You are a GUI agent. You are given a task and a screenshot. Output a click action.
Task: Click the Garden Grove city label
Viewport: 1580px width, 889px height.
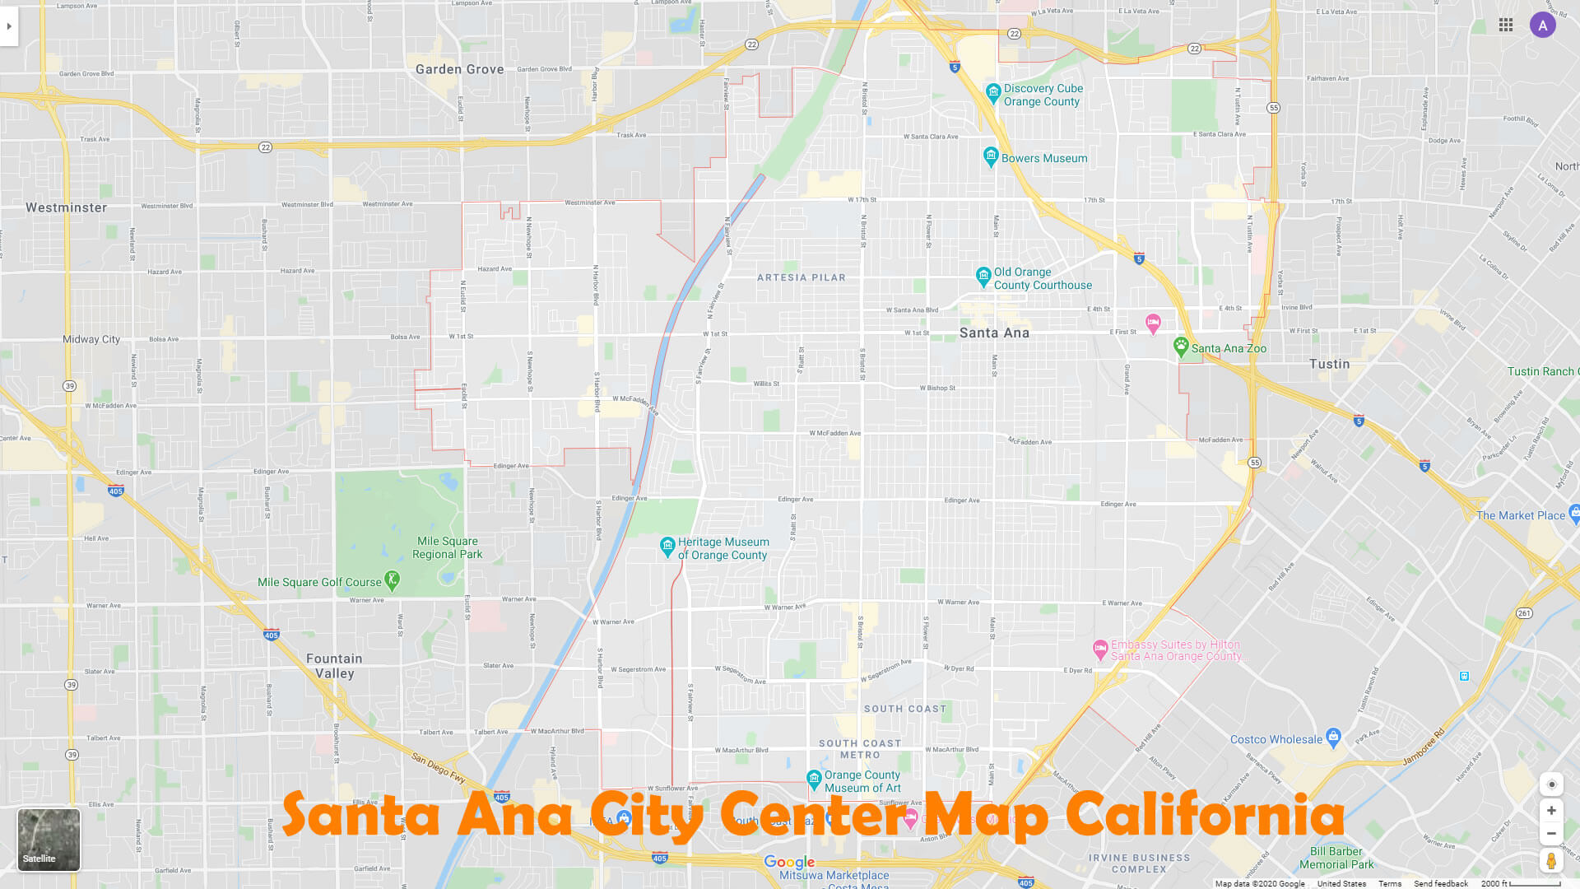click(459, 69)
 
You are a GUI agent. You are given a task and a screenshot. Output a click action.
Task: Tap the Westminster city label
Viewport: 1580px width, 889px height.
click(66, 207)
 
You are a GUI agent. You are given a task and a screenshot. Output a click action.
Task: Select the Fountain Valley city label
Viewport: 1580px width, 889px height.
click(334, 666)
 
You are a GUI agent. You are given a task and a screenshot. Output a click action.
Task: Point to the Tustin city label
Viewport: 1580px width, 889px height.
click(1329, 364)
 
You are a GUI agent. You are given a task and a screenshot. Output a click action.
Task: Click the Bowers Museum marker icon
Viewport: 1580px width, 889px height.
click(991, 156)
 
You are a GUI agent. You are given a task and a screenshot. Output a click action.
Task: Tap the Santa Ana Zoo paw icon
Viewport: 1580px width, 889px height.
click(1181, 347)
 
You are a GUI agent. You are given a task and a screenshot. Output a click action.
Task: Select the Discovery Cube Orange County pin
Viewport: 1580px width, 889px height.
click(993, 92)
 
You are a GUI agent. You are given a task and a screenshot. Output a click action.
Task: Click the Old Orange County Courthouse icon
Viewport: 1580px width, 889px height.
click(983, 276)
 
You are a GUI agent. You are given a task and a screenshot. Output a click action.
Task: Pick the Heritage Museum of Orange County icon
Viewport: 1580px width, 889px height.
click(667, 547)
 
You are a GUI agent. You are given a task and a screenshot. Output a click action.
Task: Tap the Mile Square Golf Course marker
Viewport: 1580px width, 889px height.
click(393, 581)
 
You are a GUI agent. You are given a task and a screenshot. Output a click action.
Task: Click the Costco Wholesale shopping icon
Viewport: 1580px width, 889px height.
click(1334, 737)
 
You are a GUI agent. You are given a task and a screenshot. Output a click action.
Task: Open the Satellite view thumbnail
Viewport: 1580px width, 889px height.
click(49, 839)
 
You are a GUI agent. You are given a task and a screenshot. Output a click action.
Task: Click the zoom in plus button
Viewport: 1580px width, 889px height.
click(1551, 811)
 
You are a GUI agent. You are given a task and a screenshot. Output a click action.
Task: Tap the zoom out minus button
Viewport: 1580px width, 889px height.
click(1551, 833)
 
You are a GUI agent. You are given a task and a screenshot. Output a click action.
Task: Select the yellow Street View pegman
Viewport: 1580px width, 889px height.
click(1551, 861)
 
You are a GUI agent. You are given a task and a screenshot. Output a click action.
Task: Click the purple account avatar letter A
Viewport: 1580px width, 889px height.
click(1543, 26)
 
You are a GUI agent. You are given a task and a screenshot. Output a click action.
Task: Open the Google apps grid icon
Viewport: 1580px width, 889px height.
click(1506, 26)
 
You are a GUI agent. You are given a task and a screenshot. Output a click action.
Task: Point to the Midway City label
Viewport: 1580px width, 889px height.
click(91, 339)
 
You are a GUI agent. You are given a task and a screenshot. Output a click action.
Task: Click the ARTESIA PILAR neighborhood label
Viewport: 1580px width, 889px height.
click(801, 277)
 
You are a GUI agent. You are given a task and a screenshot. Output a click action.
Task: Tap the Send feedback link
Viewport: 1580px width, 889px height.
click(1440, 883)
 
